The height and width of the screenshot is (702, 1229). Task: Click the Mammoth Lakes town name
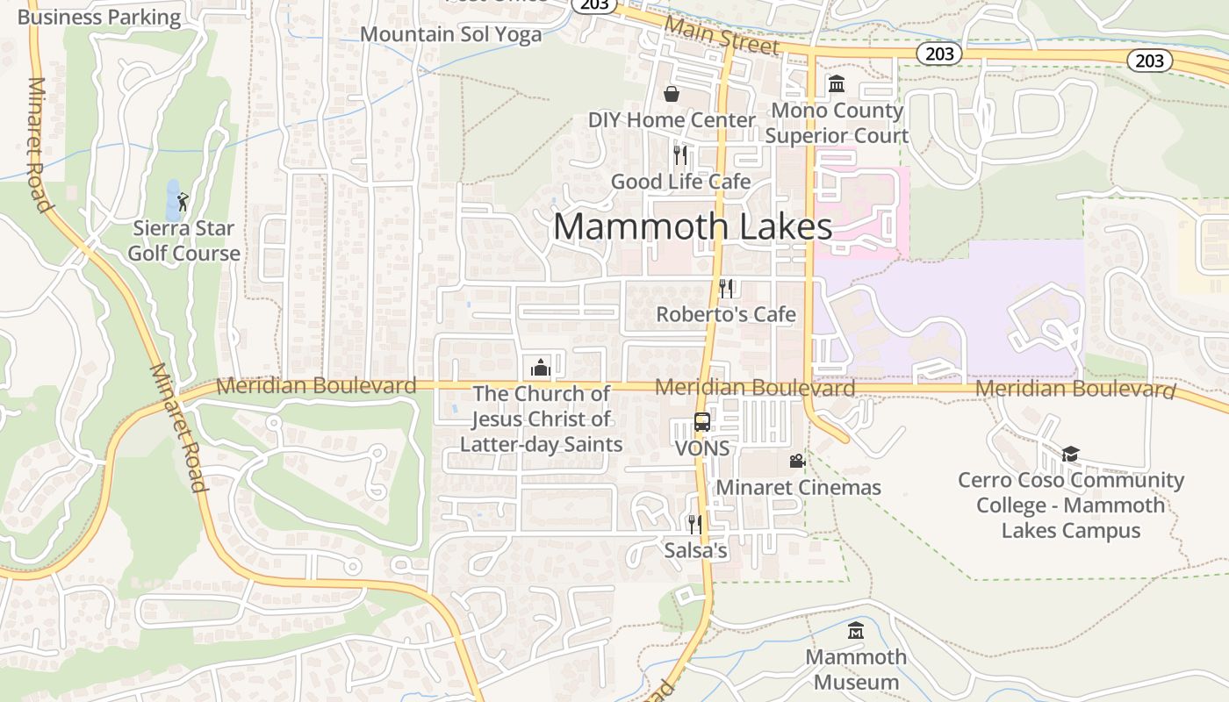coord(693,226)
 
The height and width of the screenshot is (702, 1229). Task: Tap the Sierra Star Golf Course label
coord(184,241)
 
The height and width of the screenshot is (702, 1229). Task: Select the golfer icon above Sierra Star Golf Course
coord(183,202)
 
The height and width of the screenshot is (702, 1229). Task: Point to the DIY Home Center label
coord(672,120)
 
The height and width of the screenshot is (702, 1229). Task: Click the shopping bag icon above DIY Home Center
coord(672,94)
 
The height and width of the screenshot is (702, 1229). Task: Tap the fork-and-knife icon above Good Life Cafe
coord(680,155)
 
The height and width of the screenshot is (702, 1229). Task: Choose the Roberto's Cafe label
coord(726,314)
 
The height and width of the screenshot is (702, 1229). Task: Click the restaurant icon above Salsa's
coord(694,525)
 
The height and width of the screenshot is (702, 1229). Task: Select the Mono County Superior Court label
coord(837,123)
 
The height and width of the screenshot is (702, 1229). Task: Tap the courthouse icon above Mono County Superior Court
coord(837,84)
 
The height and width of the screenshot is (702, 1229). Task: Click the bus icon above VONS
coord(701,422)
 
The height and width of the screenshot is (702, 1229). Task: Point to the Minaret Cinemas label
coord(799,487)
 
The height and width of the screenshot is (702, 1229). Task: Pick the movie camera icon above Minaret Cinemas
coord(797,461)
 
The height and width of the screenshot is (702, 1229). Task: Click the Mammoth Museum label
coord(856,670)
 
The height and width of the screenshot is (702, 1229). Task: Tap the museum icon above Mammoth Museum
coord(856,630)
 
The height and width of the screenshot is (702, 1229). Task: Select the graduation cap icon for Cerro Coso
coord(1070,454)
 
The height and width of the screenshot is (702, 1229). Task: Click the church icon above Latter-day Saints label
coord(540,367)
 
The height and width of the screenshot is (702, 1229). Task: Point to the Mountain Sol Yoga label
coord(451,34)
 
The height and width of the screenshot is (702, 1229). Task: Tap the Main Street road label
coord(722,35)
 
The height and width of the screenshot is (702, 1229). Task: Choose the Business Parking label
coord(98,17)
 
